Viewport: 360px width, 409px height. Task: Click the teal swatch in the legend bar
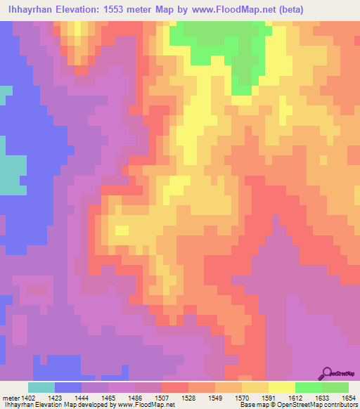(x=41, y=387)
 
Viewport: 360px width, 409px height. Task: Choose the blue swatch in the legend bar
(x=68, y=387)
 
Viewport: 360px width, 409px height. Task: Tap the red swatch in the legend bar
(x=174, y=387)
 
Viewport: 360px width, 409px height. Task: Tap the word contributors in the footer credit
(x=339, y=405)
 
